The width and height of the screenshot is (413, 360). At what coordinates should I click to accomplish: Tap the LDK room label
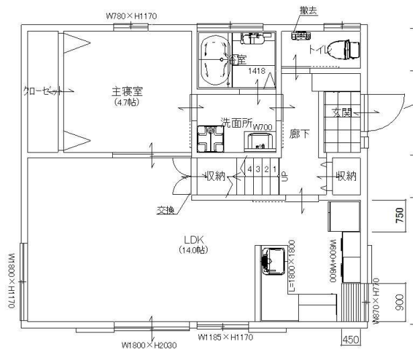(x=193, y=240)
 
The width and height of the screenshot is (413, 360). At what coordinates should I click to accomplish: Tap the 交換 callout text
(x=165, y=210)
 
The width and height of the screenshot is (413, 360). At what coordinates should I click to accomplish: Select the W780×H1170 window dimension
(x=133, y=13)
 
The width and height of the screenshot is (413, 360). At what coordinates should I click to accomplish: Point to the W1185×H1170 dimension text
(x=226, y=337)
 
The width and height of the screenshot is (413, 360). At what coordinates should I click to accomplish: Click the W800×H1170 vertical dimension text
(x=11, y=281)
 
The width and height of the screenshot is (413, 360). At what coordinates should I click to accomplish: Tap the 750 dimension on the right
(x=400, y=215)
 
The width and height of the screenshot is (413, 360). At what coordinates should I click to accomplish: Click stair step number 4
(x=249, y=169)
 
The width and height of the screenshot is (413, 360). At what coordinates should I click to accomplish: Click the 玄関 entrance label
(x=342, y=114)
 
